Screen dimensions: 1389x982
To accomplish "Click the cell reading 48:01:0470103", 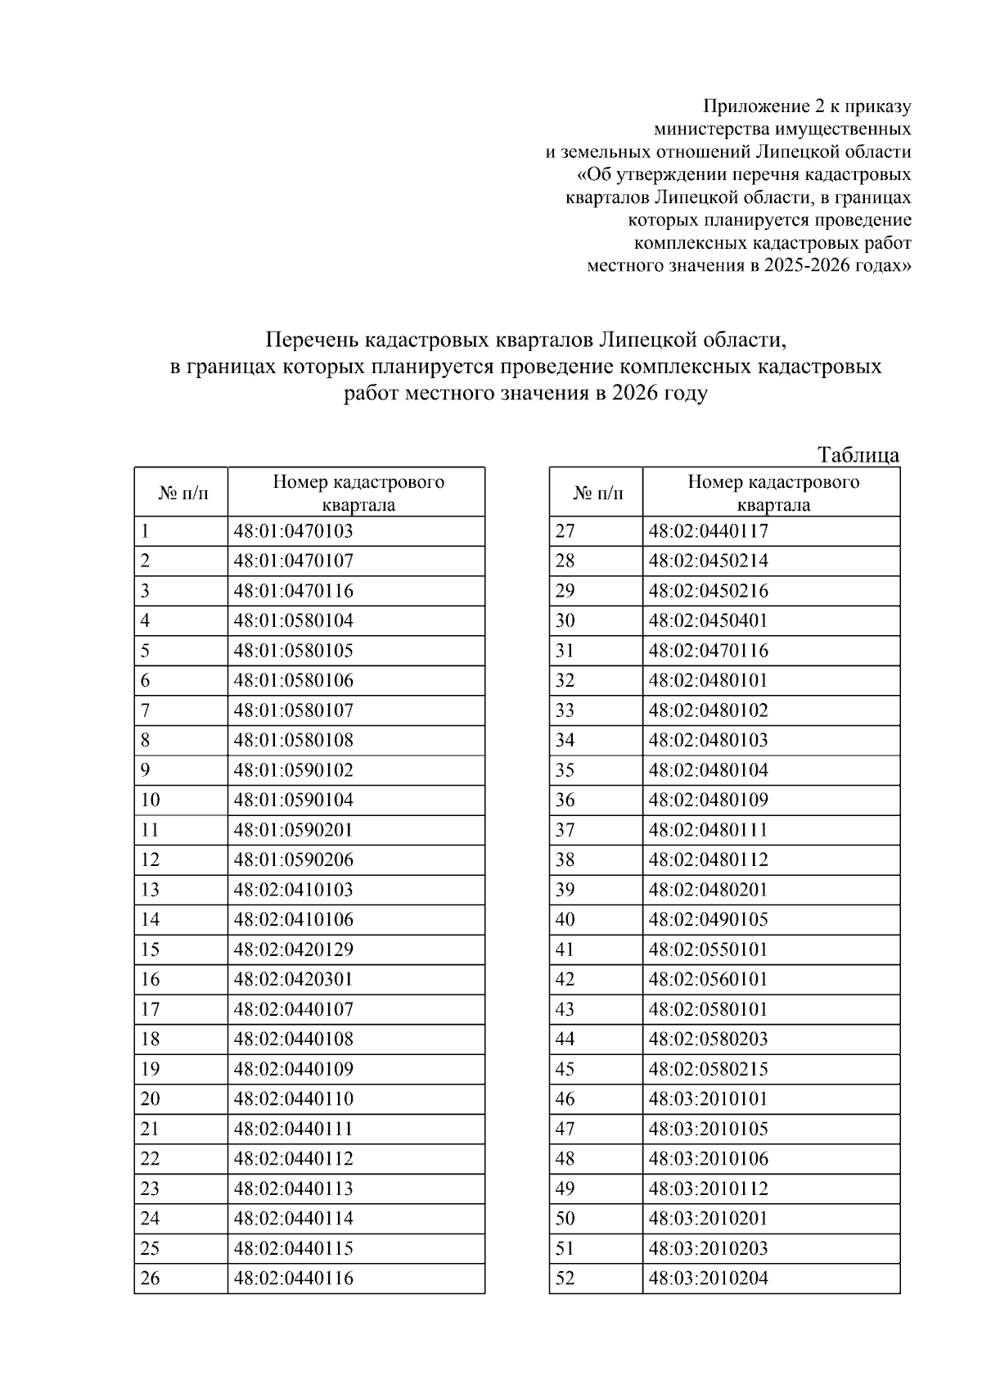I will [293, 531].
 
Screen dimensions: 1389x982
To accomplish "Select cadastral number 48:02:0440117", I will [708, 531].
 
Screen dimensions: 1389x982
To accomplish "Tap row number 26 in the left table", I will [151, 1279].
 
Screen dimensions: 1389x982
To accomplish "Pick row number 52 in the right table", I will [565, 1279].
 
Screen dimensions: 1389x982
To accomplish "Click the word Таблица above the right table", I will [858, 455].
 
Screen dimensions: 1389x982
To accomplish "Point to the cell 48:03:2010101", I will [708, 1099].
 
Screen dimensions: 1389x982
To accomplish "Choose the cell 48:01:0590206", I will [293, 860].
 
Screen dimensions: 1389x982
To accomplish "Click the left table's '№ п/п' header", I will [181, 493].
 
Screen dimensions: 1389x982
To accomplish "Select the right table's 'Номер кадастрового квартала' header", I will [773, 493].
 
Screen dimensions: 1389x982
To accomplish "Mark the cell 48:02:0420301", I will [293, 980].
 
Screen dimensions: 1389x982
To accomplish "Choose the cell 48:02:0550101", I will [708, 949].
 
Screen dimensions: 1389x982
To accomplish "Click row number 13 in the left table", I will [151, 890].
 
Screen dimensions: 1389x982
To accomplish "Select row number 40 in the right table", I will [565, 920].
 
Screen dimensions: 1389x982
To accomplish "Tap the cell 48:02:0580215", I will [708, 1069].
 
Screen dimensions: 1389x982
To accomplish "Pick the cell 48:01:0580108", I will [293, 741].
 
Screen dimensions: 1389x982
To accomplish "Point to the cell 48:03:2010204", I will [708, 1279].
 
